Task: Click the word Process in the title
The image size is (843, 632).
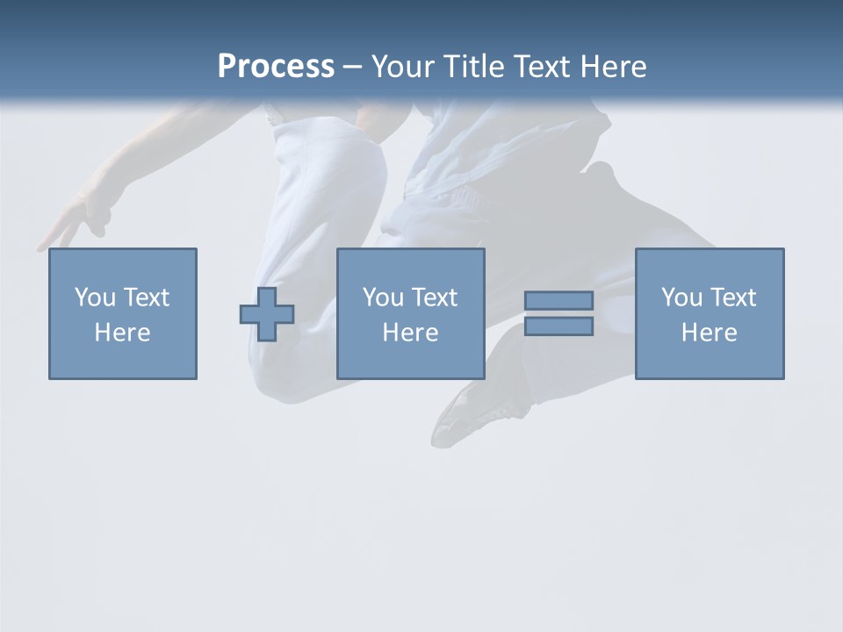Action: click(276, 67)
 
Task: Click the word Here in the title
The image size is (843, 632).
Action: click(616, 67)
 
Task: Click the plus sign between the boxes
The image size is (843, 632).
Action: click(267, 314)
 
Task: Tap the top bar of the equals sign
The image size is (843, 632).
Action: click(558, 301)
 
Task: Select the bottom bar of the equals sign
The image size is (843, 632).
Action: click(558, 327)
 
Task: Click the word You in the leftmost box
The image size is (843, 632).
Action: click(95, 298)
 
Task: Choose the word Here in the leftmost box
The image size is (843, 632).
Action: click(122, 333)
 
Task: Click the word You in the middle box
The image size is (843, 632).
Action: click(383, 298)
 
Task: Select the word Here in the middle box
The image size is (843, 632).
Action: click(410, 333)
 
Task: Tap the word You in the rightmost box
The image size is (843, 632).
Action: click(681, 298)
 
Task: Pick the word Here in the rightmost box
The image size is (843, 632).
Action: click(709, 333)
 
